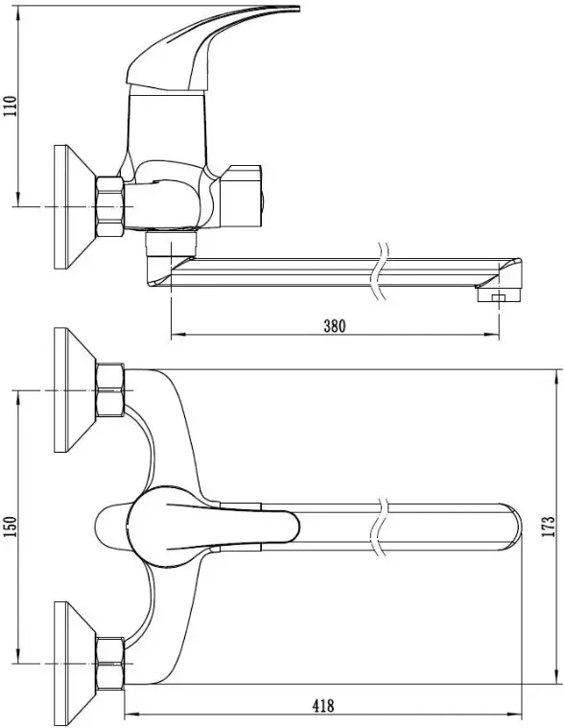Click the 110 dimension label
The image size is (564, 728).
click(x=11, y=106)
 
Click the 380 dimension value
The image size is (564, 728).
click(x=335, y=326)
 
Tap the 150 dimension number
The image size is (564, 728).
click(x=11, y=527)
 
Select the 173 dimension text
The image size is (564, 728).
click(x=549, y=527)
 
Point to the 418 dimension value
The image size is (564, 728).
click(x=323, y=706)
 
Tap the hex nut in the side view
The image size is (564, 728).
click(x=110, y=206)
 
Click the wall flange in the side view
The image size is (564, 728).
click(x=74, y=206)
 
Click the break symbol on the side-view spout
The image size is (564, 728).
click(x=380, y=271)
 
